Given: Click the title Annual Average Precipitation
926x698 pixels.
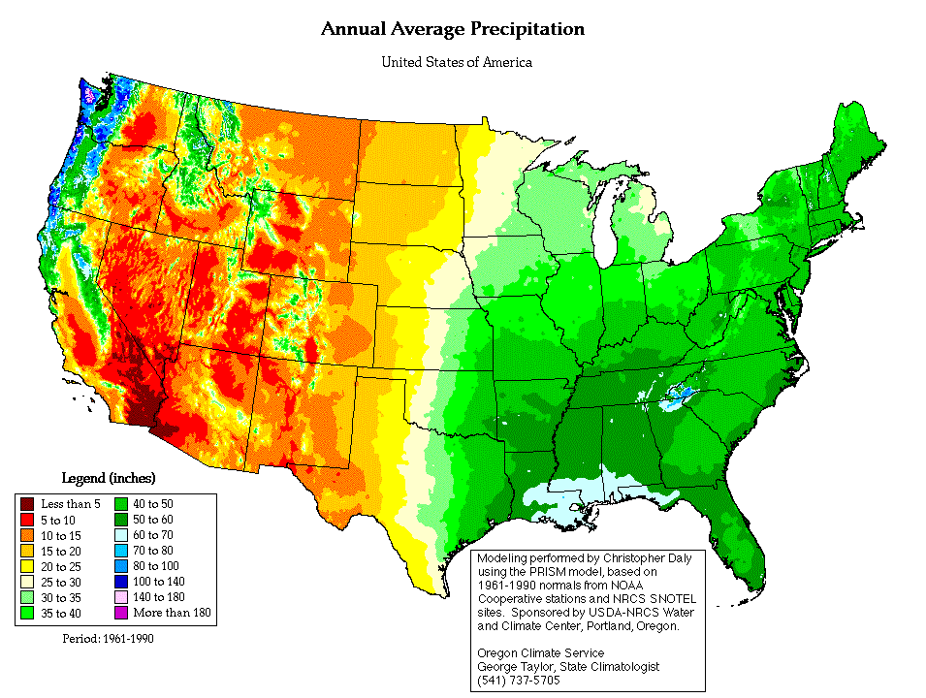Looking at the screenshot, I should [x=453, y=29].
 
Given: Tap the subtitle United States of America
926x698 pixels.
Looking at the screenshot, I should [x=456, y=63].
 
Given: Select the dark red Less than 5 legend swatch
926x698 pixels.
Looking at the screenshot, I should [x=27, y=503].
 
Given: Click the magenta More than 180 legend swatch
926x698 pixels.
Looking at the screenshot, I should [x=122, y=613].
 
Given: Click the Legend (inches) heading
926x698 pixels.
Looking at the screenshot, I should [x=109, y=478].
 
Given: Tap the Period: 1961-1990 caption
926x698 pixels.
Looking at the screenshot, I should [x=107, y=639].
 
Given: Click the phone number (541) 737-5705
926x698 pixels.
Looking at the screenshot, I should [x=518, y=680].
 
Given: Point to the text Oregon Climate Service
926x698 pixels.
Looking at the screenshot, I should [x=540, y=653].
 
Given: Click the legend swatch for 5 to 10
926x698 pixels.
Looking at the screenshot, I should [x=27, y=519].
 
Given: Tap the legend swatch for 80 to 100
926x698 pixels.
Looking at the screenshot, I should [x=122, y=565].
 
